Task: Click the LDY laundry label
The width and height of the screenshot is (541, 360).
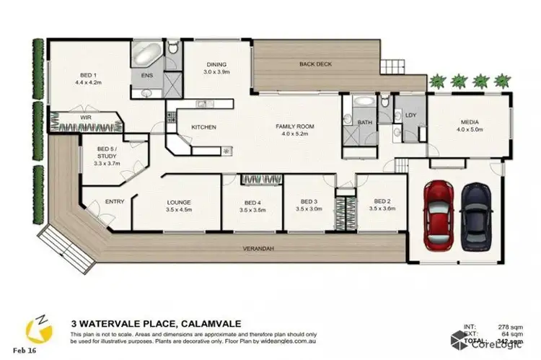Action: click(411, 115)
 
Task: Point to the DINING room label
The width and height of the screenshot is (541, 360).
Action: click(217, 64)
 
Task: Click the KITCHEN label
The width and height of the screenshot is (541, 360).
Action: click(204, 127)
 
